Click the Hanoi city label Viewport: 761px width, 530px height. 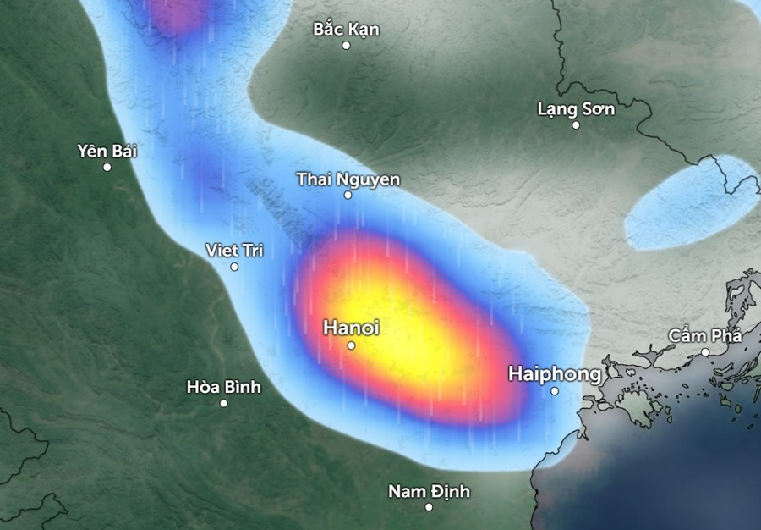click(x=351, y=328)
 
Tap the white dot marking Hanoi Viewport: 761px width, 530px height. click(x=351, y=345)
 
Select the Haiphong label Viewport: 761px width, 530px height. click(x=555, y=373)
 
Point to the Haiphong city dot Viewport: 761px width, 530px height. click(x=555, y=391)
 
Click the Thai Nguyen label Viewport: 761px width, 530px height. click(x=348, y=179)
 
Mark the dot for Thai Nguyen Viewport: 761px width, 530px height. click(x=348, y=196)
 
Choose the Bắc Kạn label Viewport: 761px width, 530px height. click(x=346, y=30)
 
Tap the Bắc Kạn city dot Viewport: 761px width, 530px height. click(x=346, y=46)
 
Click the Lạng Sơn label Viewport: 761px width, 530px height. click(x=576, y=109)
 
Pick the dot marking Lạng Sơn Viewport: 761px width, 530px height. click(x=576, y=125)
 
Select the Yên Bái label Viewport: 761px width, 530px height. click(x=107, y=152)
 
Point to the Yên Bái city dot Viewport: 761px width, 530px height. click(x=107, y=168)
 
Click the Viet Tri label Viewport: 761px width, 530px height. click(x=234, y=251)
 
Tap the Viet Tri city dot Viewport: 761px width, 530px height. click(x=234, y=267)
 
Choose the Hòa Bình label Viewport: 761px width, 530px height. click(x=223, y=388)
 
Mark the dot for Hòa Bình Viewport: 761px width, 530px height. click(x=223, y=403)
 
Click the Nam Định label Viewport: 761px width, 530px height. click(x=429, y=491)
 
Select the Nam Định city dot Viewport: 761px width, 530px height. click(x=429, y=507)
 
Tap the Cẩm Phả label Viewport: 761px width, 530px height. click(x=704, y=336)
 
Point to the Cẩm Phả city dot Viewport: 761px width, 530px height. click(x=705, y=352)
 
